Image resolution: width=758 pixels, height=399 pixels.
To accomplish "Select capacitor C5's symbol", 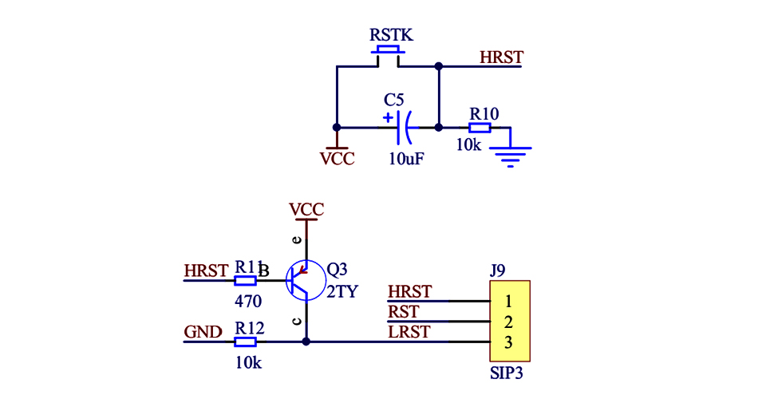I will (x=402, y=126).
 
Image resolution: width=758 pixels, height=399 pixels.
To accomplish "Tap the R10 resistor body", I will (x=480, y=127).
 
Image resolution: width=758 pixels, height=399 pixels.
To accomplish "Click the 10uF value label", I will (x=406, y=158).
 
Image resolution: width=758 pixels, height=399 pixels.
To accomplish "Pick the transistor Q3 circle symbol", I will (x=306, y=280).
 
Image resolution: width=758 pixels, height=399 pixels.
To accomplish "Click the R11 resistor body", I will (x=245, y=281).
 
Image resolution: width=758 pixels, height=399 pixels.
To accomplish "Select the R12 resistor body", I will (x=245, y=342).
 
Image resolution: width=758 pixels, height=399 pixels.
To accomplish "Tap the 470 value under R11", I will (x=248, y=302).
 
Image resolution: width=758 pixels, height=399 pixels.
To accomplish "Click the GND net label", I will (x=203, y=332).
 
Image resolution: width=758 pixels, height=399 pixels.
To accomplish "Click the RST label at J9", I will (x=403, y=312).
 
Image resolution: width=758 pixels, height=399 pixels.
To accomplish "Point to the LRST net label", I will (x=409, y=332).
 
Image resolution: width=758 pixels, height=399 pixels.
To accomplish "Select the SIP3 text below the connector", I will (x=508, y=373).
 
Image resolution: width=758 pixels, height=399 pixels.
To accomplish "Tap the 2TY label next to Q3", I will (x=342, y=291).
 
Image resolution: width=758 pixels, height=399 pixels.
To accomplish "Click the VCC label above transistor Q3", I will (x=306, y=210).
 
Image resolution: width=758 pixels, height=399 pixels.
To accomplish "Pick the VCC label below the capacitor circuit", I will (x=337, y=158).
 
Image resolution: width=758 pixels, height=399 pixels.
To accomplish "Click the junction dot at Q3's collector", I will (x=306, y=342).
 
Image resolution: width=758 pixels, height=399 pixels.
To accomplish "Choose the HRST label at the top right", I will (x=500, y=57).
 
